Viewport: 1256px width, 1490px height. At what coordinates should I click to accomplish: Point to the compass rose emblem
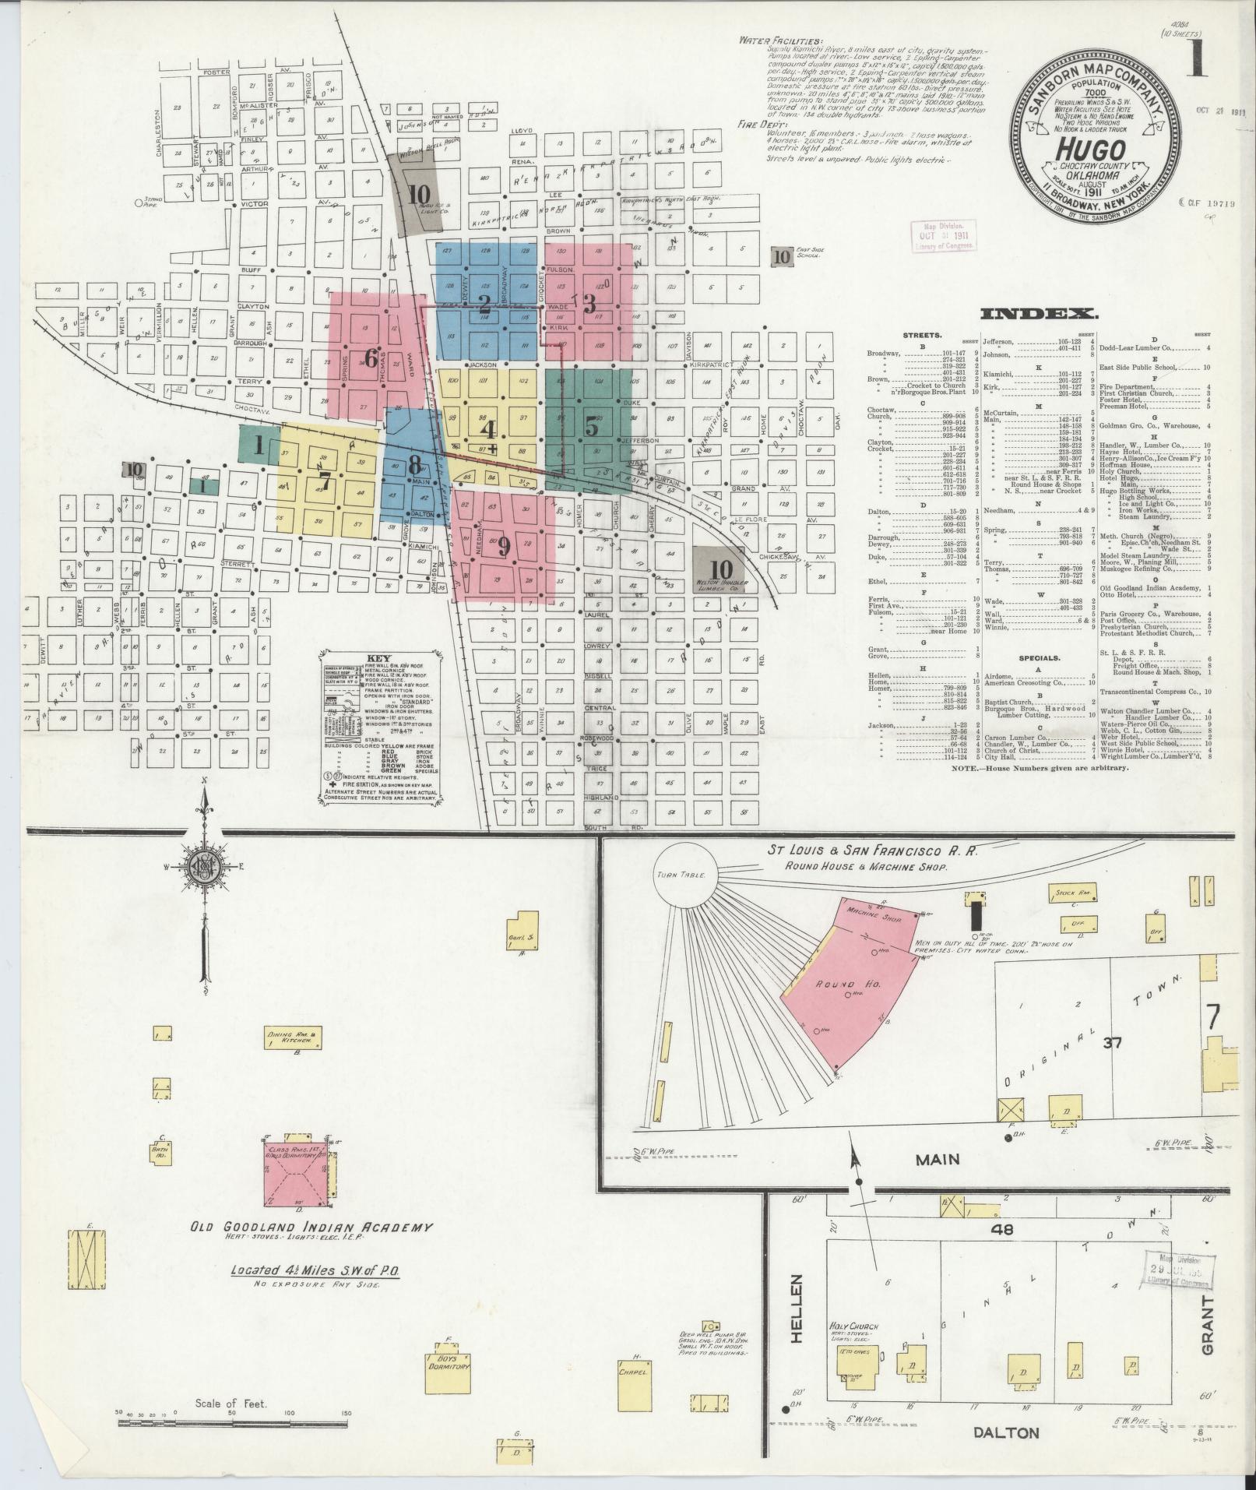coord(205,867)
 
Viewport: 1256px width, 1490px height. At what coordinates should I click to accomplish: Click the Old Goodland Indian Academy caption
coord(311,1228)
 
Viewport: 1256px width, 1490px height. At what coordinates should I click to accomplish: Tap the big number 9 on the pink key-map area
coord(504,548)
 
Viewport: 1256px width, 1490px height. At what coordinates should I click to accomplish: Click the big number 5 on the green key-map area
coord(592,428)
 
